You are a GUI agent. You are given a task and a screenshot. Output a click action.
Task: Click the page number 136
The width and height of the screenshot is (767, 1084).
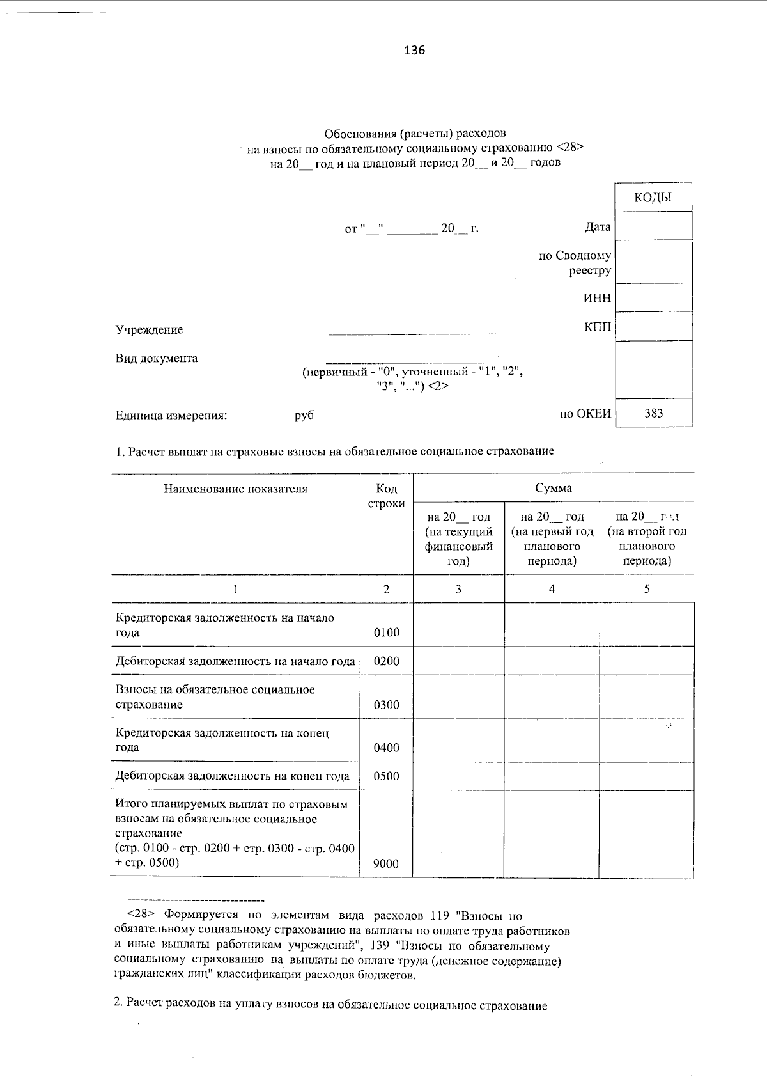pyautogui.click(x=414, y=51)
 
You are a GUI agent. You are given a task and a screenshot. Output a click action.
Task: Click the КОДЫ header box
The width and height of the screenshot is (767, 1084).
pyautogui.click(x=653, y=198)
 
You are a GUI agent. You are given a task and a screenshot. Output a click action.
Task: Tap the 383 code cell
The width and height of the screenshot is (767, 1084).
pyautogui.click(x=653, y=413)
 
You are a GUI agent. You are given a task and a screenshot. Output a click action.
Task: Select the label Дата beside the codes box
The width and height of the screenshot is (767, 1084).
pyautogui.click(x=597, y=227)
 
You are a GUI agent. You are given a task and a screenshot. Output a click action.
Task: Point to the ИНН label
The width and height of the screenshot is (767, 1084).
pyautogui.click(x=597, y=298)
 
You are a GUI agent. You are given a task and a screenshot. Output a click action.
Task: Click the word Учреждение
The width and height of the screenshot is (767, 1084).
pyautogui.click(x=149, y=330)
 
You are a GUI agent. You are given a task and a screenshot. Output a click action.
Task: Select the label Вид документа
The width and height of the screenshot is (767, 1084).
pyautogui.click(x=157, y=358)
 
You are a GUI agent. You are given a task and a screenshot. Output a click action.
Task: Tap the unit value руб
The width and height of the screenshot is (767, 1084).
pyautogui.click(x=304, y=416)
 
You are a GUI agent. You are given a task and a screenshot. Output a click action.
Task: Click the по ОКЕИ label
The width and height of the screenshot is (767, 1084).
pyautogui.click(x=585, y=414)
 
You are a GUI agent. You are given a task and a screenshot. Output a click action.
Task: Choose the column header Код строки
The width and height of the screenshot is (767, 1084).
pyautogui.click(x=386, y=496)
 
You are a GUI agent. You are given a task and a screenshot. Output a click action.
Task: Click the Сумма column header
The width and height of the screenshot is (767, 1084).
pyautogui.click(x=554, y=488)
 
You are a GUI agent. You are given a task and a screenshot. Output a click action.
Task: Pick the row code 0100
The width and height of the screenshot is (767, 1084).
pyautogui.click(x=386, y=632)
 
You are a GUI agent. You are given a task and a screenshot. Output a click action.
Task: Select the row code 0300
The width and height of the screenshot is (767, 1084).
pyautogui.click(x=386, y=705)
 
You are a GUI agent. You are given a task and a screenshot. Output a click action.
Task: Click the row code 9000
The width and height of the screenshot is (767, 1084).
pyautogui.click(x=386, y=864)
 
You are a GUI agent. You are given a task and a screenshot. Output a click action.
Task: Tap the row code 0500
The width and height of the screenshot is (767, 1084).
pyautogui.click(x=386, y=776)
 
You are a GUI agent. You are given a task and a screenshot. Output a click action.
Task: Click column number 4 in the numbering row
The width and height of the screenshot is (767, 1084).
pyautogui.click(x=552, y=589)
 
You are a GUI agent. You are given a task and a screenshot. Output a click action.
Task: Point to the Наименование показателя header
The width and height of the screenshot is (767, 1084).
pyautogui.click(x=235, y=489)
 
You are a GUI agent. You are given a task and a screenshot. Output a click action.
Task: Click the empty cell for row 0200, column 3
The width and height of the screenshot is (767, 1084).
pyautogui.click(x=458, y=661)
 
